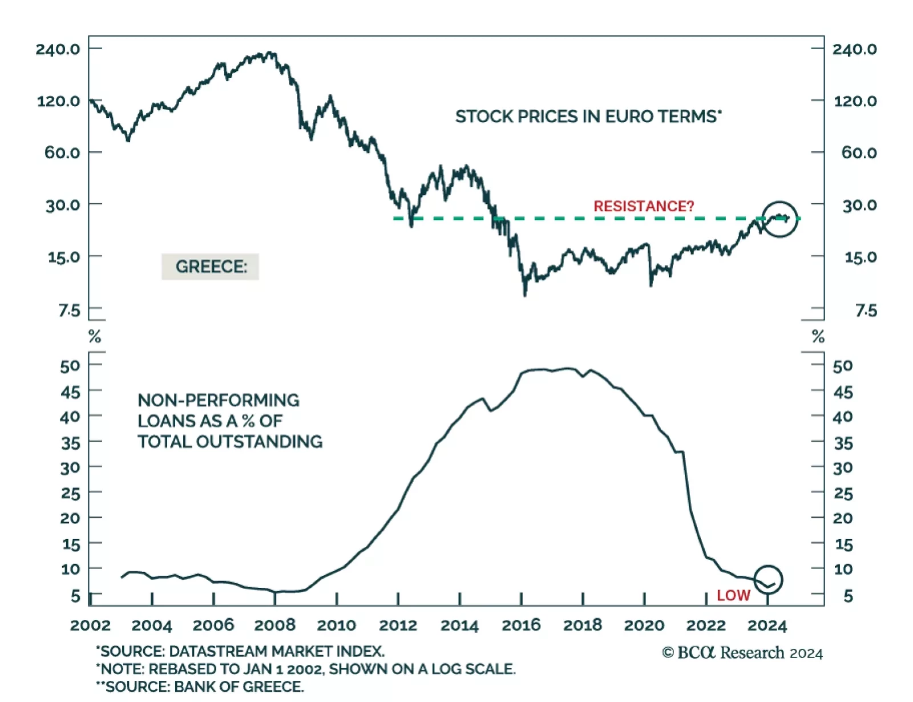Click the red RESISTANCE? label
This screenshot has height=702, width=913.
(x=644, y=206)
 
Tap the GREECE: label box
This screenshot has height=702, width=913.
(x=211, y=267)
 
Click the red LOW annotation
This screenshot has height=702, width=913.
(x=733, y=595)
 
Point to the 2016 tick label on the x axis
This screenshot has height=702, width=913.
(x=521, y=626)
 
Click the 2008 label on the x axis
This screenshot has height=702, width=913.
(x=274, y=626)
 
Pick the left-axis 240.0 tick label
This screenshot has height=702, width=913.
(x=58, y=49)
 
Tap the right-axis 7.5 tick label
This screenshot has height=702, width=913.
(x=866, y=310)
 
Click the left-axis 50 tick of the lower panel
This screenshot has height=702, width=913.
(x=70, y=366)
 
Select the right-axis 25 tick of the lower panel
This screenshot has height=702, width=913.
(x=843, y=493)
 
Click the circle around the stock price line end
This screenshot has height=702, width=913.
(x=779, y=219)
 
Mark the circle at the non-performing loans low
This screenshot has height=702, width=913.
(x=768, y=579)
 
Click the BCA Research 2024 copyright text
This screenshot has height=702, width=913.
(x=742, y=653)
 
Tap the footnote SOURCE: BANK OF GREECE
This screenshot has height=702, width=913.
(x=204, y=687)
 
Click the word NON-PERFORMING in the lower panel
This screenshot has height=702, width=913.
(x=219, y=400)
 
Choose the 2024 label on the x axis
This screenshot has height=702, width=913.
(x=767, y=626)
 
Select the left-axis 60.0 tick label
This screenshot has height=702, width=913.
(x=62, y=152)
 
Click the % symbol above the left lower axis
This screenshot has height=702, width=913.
(x=95, y=337)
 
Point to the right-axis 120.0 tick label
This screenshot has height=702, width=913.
(x=855, y=101)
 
